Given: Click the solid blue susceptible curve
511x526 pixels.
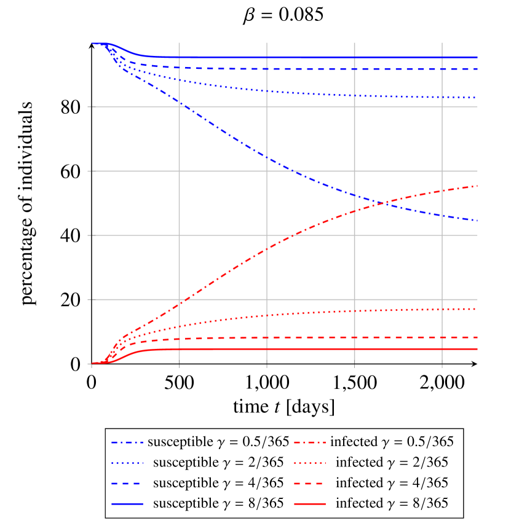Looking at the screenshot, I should click(307, 58).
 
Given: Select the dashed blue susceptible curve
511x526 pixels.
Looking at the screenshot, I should click(307, 69).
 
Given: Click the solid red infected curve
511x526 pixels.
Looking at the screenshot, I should click(307, 349).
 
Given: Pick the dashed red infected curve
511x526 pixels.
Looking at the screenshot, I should click(307, 337).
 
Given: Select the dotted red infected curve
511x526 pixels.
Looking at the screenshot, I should click(307, 313).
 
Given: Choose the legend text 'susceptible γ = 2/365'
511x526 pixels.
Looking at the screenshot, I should click(218, 462).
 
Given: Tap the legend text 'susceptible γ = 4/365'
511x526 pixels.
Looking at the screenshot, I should click(218, 483).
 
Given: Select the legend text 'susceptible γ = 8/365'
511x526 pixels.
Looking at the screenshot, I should click(218, 503).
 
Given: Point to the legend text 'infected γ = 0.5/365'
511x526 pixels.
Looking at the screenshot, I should click(392, 442).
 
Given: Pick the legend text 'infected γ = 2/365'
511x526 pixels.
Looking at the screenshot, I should click(392, 462).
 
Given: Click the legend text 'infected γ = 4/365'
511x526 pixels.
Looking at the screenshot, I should click(392, 483).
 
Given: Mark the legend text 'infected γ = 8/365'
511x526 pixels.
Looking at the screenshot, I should click(392, 503).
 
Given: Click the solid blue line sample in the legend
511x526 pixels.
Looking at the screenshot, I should click(127, 503).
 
